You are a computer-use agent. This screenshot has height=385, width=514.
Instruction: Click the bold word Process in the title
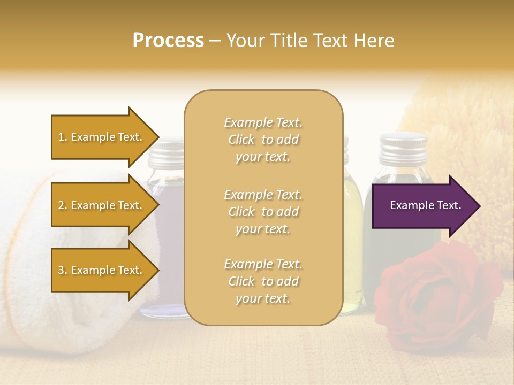pyautogui.click(x=168, y=41)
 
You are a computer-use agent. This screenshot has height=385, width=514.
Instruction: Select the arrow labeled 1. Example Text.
pyautogui.click(x=102, y=137)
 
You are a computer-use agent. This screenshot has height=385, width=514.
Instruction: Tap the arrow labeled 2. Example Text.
pyautogui.click(x=102, y=205)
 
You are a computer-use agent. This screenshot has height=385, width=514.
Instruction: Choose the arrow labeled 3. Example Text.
pyautogui.click(x=102, y=270)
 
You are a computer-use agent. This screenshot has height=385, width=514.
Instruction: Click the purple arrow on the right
pyautogui.click(x=423, y=206)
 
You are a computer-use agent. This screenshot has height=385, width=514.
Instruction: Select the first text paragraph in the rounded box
pyautogui.click(x=263, y=140)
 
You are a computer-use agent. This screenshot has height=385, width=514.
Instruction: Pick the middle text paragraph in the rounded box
pyautogui.click(x=263, y=212)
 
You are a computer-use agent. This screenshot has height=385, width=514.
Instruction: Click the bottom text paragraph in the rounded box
pyautogui.click(x=263, y=281)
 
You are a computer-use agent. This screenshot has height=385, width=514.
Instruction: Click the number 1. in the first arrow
pyautogui.click(x=63, y=137)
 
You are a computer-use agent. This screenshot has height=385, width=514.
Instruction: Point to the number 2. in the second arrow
pyautogui.click(x=63, y=205)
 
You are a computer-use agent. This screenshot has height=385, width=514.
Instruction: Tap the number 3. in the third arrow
pyautogui.click(x=63, y=270)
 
